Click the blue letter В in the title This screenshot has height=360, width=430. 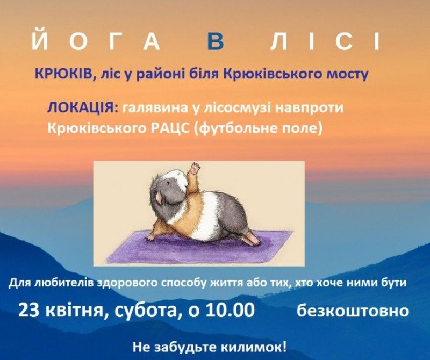click(x=217, y=42)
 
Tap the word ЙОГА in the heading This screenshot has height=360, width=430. click(x=96, y=41)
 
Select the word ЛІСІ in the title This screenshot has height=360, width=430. click(x=325, y=42)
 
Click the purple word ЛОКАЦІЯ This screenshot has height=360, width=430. click(x=83, y=107)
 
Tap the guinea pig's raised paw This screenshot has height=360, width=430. click(x=195, y=168)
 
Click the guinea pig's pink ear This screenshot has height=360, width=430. click(x=159, y=198)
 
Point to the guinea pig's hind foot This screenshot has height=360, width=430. click(x=252, y=239)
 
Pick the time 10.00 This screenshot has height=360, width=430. click(x=230, y=311)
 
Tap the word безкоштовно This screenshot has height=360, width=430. click(x=353, y=311)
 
